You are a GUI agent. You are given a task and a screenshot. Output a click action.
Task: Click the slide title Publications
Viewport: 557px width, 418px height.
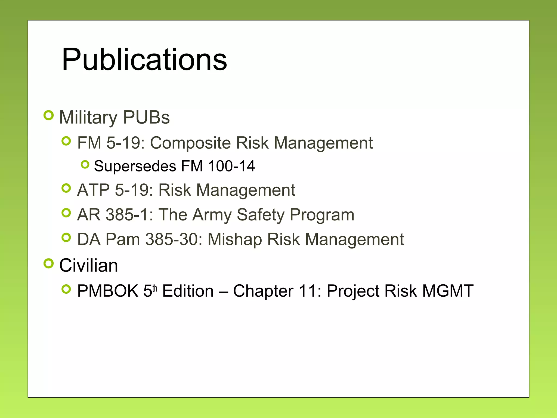pyautogui.click(x=144, y=59)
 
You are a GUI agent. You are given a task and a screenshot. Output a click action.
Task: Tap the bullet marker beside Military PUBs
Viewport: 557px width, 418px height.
pyautogui.click(x=48, y=115)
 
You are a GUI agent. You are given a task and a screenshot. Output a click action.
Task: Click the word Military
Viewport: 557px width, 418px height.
pyautogui.click(x=88, y=118)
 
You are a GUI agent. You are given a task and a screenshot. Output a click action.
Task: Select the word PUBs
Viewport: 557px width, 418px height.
pyautogui.click(x=146, y=118)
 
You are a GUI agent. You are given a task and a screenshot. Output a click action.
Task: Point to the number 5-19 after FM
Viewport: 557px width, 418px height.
pyautogui.click(x=125, y=143)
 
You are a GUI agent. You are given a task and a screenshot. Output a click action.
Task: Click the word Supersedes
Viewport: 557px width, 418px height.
pyautogui.click(x=135, y=166)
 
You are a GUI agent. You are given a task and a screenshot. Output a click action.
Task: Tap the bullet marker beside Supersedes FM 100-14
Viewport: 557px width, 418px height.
pyautogui.click(x=85, y=164)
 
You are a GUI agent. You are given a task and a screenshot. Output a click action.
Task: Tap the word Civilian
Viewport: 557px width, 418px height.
pyautogui.click(x=89, y=265)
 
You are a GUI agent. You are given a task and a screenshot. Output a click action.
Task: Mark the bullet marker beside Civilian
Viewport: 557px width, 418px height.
pyautogui.click(x=48, y=263)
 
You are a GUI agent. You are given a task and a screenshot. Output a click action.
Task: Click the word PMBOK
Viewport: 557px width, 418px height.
pyautogui.click(x=108, y=291)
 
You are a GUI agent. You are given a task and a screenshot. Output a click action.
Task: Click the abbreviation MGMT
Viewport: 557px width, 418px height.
pyautogui.click(x=448, y=291)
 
